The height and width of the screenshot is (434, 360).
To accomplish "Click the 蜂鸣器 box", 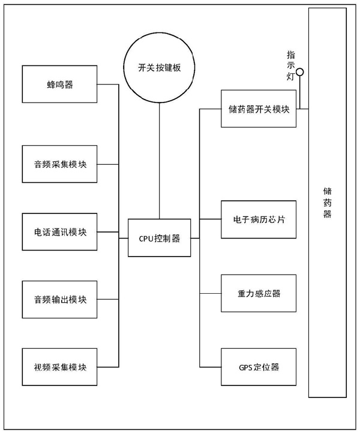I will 60,85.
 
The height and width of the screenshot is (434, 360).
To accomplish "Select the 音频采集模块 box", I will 60,164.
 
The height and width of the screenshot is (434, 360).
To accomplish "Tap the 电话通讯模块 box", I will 60,231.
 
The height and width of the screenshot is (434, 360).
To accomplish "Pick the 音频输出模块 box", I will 60,299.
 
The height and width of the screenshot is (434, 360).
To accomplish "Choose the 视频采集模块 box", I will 60,366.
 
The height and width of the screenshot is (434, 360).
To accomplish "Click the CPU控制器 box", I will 159,238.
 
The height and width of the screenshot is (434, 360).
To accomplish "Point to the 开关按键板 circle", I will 159,68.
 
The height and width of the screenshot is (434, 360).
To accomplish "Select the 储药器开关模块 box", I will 259,109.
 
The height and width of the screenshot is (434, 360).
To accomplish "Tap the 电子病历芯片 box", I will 259,219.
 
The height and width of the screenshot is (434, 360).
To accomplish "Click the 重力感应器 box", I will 259,294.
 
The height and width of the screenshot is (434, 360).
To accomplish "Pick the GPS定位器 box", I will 259,367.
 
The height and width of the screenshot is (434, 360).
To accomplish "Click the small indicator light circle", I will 300,73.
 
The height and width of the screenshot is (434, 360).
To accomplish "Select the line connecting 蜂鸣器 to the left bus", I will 109,85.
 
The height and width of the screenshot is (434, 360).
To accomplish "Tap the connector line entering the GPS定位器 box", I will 210,367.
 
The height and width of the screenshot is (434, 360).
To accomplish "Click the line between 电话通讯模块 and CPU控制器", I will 113,231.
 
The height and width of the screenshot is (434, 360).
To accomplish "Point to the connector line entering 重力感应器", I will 210,294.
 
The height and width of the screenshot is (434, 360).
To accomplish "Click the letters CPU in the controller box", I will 146,238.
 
